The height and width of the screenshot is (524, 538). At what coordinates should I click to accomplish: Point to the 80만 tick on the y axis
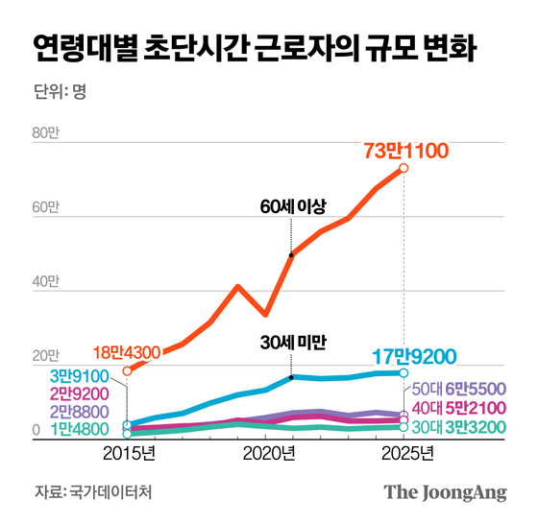click(46, 133)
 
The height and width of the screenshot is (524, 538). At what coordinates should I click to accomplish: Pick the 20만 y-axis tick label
click(46, 357)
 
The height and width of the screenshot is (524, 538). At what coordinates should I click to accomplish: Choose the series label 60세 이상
click(292, 207)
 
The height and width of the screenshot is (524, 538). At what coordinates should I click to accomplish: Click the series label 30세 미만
click(293, 341)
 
